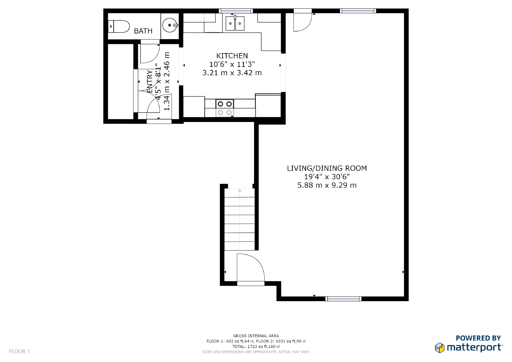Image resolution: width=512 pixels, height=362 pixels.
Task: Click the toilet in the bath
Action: pos(119,26)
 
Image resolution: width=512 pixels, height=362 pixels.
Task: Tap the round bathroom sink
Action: pos(170,25)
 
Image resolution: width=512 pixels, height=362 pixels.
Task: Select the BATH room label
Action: pos(143,31)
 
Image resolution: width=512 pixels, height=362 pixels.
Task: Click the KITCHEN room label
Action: pos(232,56)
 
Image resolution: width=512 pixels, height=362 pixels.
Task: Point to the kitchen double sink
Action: pos(235,23)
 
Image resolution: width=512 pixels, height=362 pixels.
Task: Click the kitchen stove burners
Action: pos(225,108)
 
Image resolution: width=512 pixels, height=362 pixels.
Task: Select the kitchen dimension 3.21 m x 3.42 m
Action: pos(232,73)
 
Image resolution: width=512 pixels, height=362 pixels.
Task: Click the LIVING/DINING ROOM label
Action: pos(327,168)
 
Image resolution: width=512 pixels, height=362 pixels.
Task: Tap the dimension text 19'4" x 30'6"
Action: pos(327,177)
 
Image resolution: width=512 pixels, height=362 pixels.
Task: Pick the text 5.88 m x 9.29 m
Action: pos(327,185)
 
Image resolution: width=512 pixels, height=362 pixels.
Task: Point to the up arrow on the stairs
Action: pos(239,191)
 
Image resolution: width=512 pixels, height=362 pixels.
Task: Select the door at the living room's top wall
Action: pos(302,20)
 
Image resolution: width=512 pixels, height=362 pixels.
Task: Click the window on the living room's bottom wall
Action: pos(343,299)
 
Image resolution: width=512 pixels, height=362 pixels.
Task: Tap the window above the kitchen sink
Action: pos(236,11)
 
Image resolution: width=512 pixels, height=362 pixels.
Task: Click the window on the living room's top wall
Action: pos(358,11)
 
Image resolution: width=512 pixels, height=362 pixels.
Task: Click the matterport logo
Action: pos(469,347)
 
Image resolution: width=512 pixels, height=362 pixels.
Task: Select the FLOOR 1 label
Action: pos(20,351)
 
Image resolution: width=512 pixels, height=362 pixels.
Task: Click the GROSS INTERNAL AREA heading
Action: pos(256,336)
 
